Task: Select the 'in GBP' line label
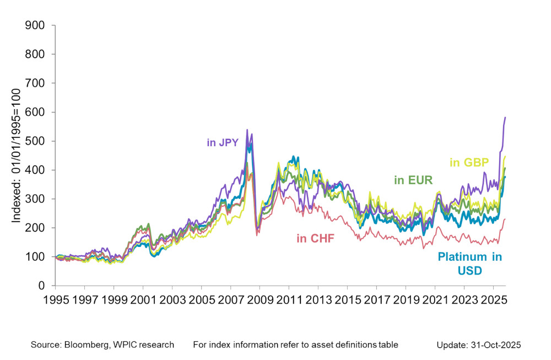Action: (x=470, y=162)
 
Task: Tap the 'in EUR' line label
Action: (x=413, y=180)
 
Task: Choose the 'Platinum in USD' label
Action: (x=469, y=264)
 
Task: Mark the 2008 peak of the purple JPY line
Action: (x=247, y=130)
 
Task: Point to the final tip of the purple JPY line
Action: (x=505, y=117)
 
